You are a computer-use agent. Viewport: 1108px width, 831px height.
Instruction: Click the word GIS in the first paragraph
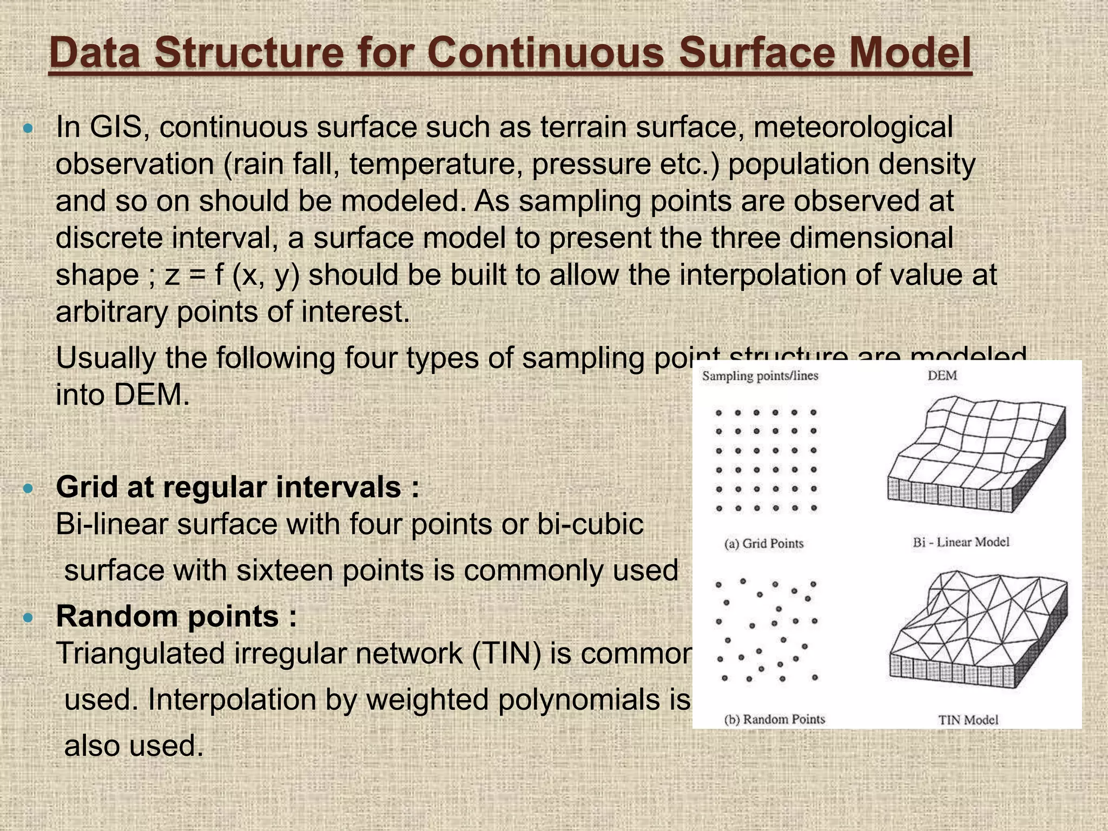coord(118,127)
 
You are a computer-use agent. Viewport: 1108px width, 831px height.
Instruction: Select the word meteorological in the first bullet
coord(853,127)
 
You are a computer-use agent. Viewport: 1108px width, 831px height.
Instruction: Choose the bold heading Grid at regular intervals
coord(237,487)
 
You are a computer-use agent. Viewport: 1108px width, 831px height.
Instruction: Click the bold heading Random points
coord(176,616)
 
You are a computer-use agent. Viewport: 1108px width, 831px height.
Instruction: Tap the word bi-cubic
coord(590,524)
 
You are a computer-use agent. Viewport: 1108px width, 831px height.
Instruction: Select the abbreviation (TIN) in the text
coord(506,654)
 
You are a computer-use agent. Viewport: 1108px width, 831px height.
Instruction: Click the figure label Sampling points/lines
coord(760,376)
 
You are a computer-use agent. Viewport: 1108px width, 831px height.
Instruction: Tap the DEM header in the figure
coord(942,375)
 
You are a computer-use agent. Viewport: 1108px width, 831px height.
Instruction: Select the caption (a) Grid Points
coord(763,544)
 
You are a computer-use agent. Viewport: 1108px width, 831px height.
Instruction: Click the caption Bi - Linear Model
coord(961,542)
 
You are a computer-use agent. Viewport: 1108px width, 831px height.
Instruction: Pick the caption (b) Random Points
coord(774,720)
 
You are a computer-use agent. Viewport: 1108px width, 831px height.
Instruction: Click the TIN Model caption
coord(968,720)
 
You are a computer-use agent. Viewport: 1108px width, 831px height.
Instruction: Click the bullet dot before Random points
coord(29,617)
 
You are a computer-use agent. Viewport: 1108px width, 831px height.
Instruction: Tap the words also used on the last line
coord(134,746)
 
